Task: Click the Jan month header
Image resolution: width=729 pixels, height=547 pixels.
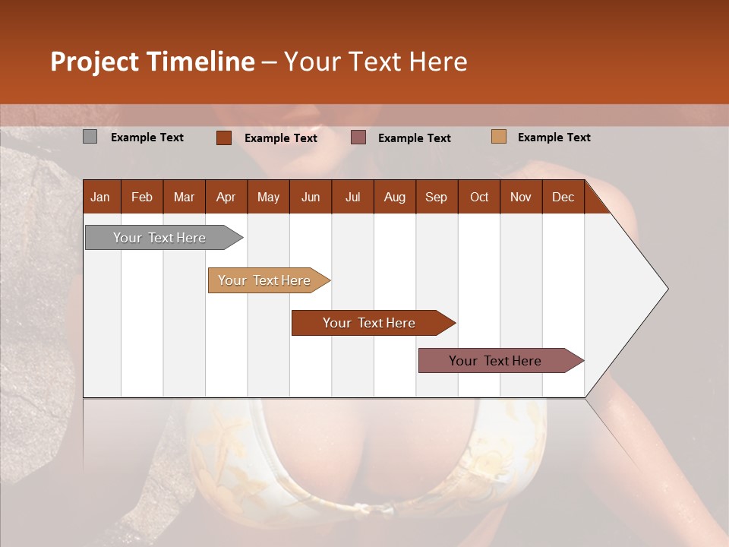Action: click(100, 197)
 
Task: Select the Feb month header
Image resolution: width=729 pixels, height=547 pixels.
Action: click(142, 197)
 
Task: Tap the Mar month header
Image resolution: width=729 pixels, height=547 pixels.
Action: click(184, 197)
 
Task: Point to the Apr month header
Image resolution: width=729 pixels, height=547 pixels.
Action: click(226, 197)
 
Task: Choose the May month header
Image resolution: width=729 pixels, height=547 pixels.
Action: click(268, 197)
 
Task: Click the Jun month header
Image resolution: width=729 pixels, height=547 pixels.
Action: click(311, 197)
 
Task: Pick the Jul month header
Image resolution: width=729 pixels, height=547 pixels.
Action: click(352, 197)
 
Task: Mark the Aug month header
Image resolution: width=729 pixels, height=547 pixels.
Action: click(395, 197)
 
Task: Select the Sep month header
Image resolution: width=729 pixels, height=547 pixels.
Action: click(437, 197)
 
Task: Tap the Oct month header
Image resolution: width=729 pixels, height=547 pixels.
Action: click(479, 197)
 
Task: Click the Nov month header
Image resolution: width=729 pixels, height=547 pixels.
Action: click(521, 197)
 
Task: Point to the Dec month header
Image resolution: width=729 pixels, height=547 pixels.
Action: click(563, 197)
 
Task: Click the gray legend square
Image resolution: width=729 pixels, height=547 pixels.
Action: click(90, 137)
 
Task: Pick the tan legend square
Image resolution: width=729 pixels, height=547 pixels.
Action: click(498, 137)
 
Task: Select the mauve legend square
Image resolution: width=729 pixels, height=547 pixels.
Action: click(358, 137)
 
